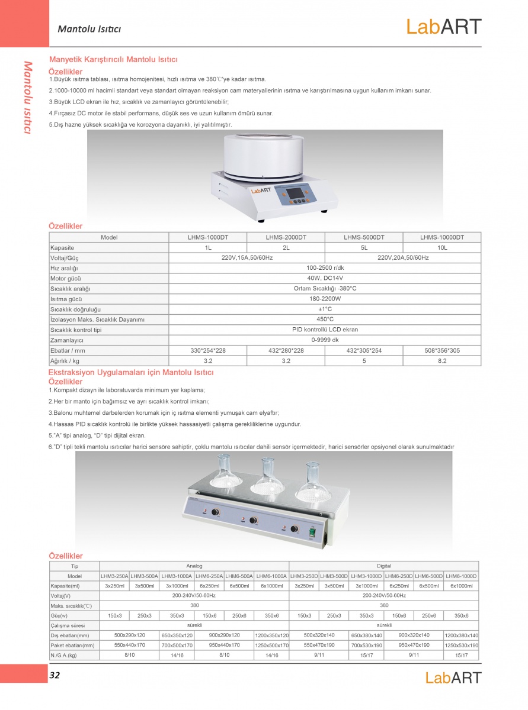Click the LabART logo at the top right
pyautogui.click(x=443, y=27)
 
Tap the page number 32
pyautogui.click(x=55, y=675)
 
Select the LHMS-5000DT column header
pyautogui.click(x=364, y=237)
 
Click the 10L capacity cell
pyautogui.click(x=441, y=248)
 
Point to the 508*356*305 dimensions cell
pyautogui.click(x=441, y=350)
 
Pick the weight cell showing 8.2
pyautogui.click(x=441, y=360)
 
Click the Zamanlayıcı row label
pyautogui.click(x=67, y=340)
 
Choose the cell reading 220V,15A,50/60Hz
pyautogui.click(x=247, y=258)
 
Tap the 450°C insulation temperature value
pyautogui.click(x=325, y=319)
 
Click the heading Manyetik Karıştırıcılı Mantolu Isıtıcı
pyautogui.click(x=113, y=60)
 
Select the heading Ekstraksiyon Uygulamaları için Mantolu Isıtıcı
pyautogui.click(x=130, y=372)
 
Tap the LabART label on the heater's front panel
pyautogui.click(x=261, y=191)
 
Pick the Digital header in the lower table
pyautogui.click(x=383, y=566)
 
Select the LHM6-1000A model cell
pyautogui.click(x=271, y=576)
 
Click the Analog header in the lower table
pyautogui.click(x=194, y=566)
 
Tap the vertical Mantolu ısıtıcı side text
pyautogui.click(x=27, y=97)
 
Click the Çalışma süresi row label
pyautogui.click(x=68, y=625)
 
